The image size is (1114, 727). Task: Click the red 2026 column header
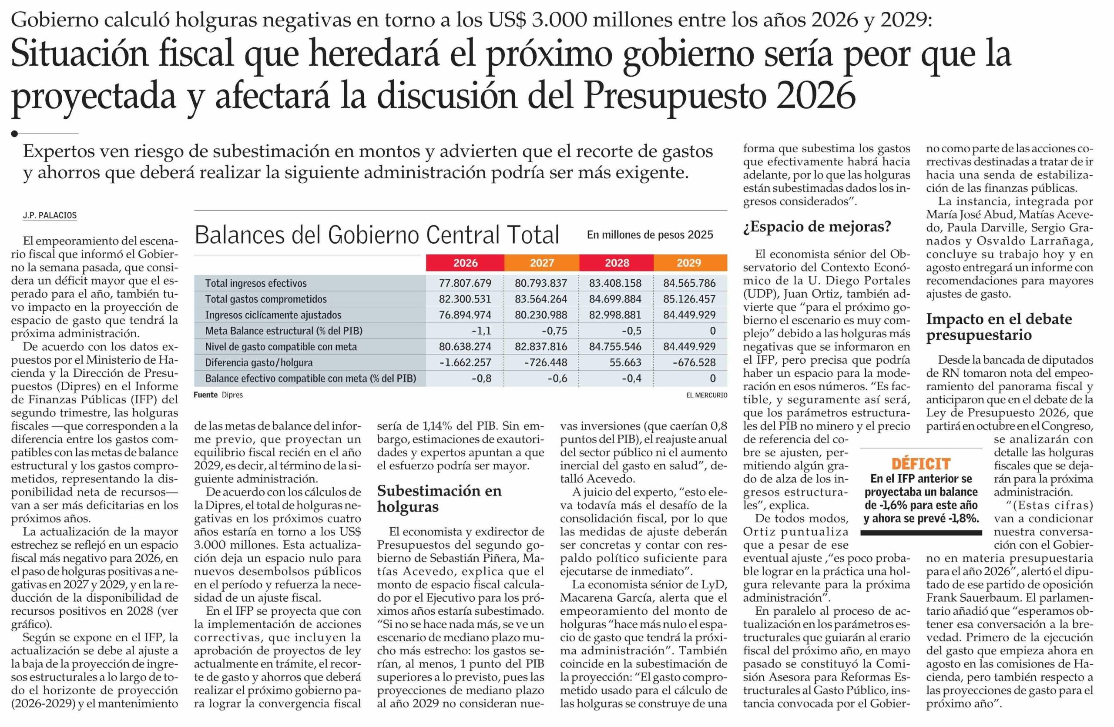[x=465, y=263]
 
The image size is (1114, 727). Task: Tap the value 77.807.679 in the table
[x=465, y=283]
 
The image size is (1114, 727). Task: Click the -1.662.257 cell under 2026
[x=465, y=362]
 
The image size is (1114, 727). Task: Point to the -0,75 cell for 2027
[x=554, y=331]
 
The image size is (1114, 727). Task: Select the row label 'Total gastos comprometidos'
[x=266, y=299]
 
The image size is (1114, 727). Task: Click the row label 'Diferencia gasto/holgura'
[x=259, y=362]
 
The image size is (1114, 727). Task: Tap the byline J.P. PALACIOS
[x=49, y=216]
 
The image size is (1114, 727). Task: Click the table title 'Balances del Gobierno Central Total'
[x=377, y=235]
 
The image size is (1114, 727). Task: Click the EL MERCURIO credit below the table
[x=706, y=395]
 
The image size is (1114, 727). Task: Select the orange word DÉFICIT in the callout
[x=921, y=464]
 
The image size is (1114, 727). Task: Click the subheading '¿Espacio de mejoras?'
[x=817, y=227]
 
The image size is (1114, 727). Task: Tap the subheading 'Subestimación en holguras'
[x=439, y=498]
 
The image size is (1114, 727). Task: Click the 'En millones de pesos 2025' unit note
[x=650, y=235]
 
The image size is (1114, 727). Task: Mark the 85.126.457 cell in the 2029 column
[x=689, y=299]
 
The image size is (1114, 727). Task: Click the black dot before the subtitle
[x=14, y=134]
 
